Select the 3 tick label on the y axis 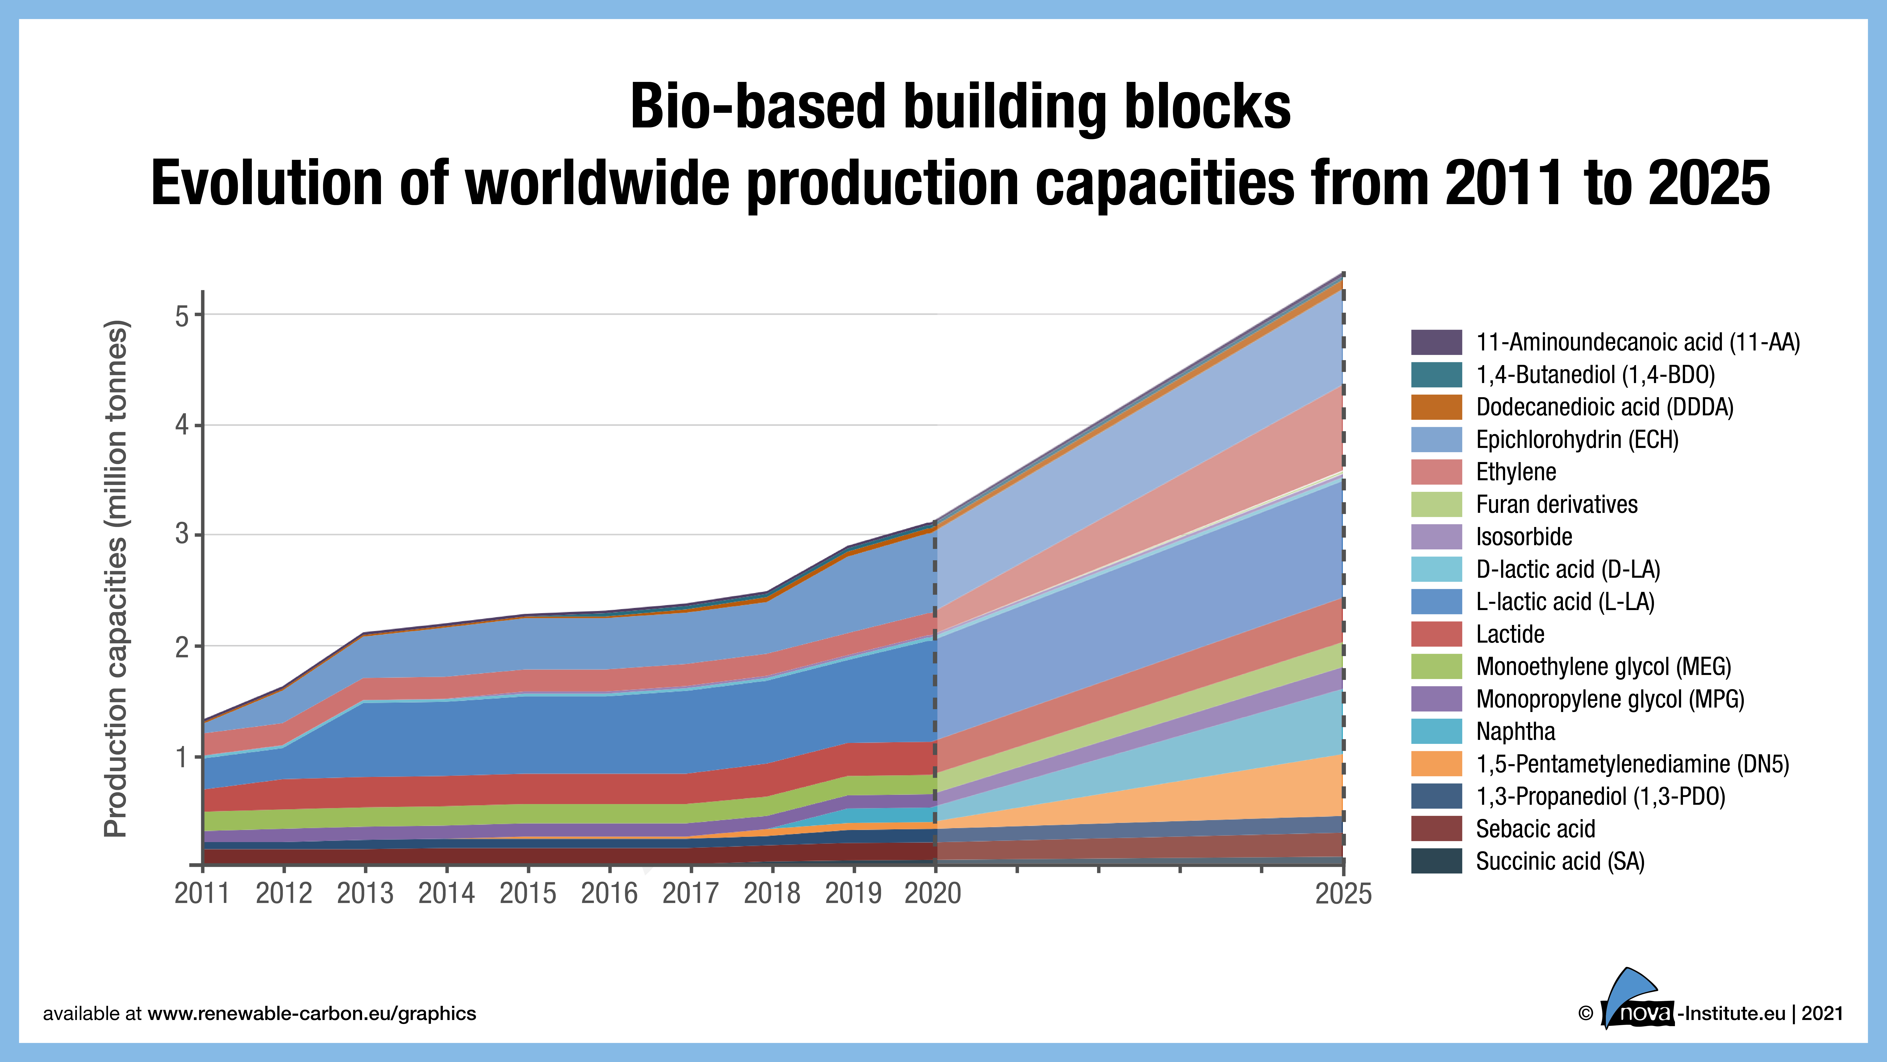tap(182, 534)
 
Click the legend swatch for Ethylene tap(1436, 472)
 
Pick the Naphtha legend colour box tap(1436, 731)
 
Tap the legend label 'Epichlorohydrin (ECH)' tap(1576, 440)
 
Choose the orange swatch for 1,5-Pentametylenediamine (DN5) tap(1436, 764)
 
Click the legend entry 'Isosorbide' tap(1524, 536)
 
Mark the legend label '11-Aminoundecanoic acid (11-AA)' tap(1637, 342)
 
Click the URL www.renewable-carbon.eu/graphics tap(311, 1014)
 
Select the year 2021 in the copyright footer tap(1822, 1014)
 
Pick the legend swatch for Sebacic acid tap(1436, 829)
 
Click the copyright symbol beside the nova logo tap(1585, 1014)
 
